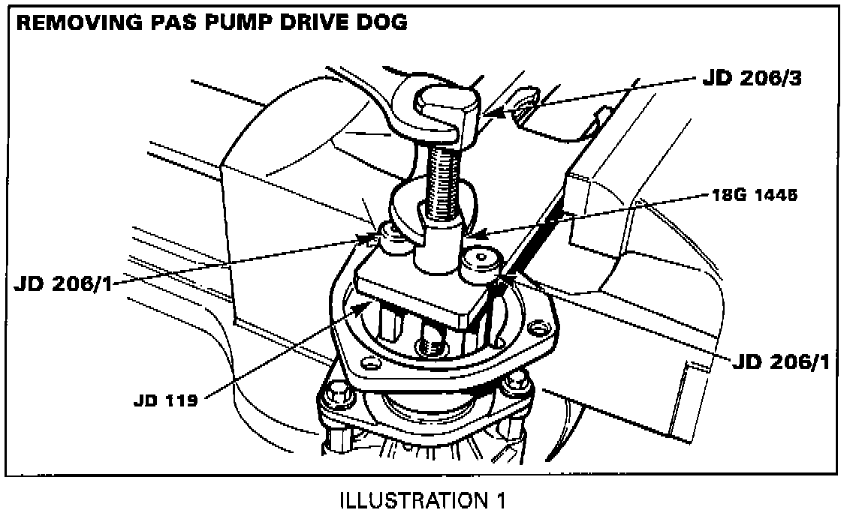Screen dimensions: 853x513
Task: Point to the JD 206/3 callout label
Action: pos(752,78)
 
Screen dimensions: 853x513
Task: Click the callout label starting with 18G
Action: pos(755,195)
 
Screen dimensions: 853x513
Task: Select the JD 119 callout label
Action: pos(165,401)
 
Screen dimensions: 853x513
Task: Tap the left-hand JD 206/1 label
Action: pos(62,283)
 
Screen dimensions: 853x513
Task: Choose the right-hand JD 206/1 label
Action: pos(781,362)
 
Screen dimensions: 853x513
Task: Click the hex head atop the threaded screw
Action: pos(447,110)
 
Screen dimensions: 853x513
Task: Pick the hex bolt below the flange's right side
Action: pos(517,385)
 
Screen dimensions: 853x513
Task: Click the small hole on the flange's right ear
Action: pos(538,328)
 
